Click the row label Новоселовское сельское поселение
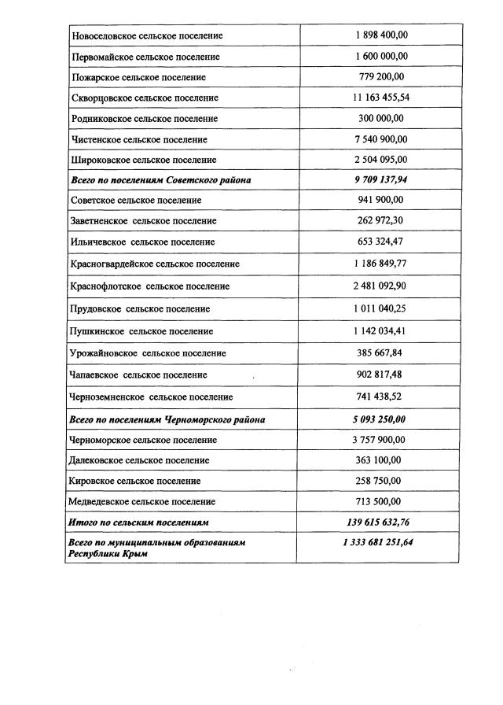pyautogui.click(x=147, y=36)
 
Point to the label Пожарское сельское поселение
pyautogui.click(x=138, y=77)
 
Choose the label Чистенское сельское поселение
pyautogui.click(x=139, y=139)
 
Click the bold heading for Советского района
pyautogui.click(x=161, y=180)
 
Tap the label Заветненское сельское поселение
pyautogui.click(x=142, y=221)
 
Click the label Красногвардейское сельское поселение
pyautogui.click(x=155, y=264)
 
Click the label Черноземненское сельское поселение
pyautogui.click(x=152, y=397)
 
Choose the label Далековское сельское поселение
pyautogui.click(x=140, y=460)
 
